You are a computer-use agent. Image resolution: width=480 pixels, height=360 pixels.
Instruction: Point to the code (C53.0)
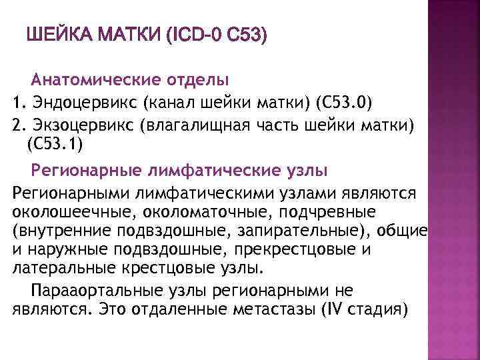tap(343, 103)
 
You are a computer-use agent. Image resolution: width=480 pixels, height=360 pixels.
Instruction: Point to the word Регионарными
tap(70, 193)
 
